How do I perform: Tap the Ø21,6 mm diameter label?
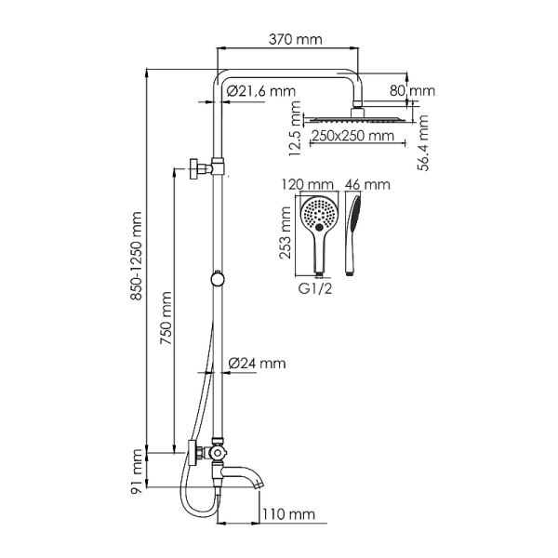261,91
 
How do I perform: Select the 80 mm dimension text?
412,91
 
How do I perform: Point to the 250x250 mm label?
352,136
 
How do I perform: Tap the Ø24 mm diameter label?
257,363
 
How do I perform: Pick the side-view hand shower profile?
352,232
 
